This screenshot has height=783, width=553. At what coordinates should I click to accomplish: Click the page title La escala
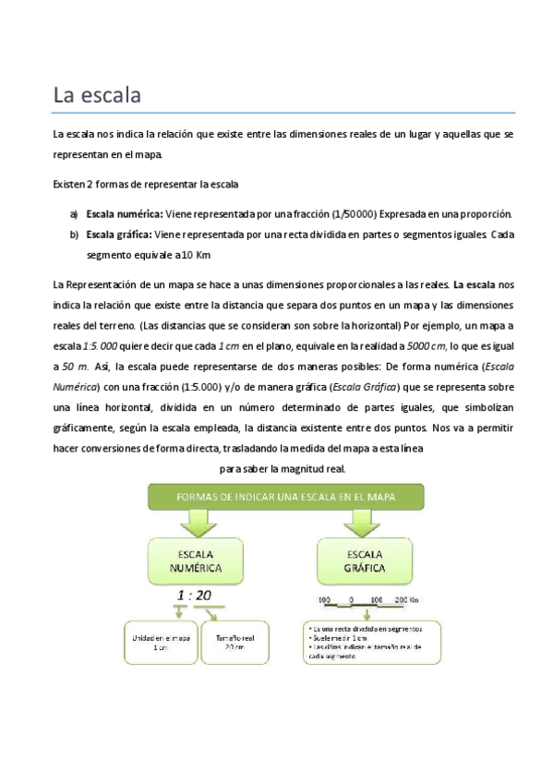[95, 94]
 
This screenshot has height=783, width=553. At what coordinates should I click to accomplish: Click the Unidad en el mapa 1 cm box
[162, 642]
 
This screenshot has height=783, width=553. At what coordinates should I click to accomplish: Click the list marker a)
[73, 213]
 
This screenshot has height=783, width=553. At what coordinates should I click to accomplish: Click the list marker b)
[73, 235]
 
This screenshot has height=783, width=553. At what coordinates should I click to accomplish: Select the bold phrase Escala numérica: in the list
[124, 213]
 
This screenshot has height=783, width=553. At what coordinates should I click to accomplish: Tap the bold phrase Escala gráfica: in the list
[119, 235]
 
